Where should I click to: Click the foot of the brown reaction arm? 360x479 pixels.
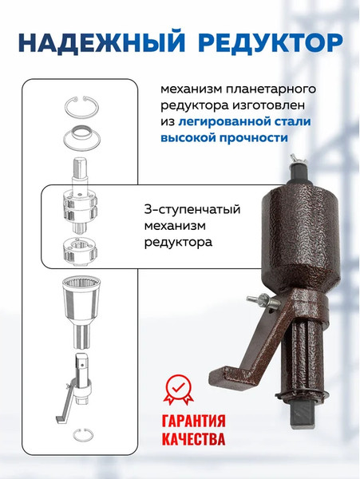coord(223,376)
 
